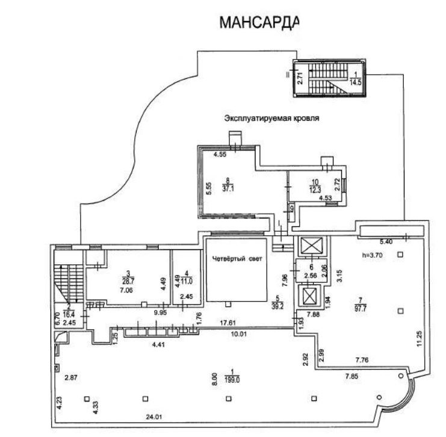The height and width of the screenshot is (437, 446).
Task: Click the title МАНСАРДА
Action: (258, 23)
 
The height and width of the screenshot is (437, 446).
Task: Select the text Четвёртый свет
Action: (235, 259)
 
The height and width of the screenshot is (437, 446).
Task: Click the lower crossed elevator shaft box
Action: (309, 296)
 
